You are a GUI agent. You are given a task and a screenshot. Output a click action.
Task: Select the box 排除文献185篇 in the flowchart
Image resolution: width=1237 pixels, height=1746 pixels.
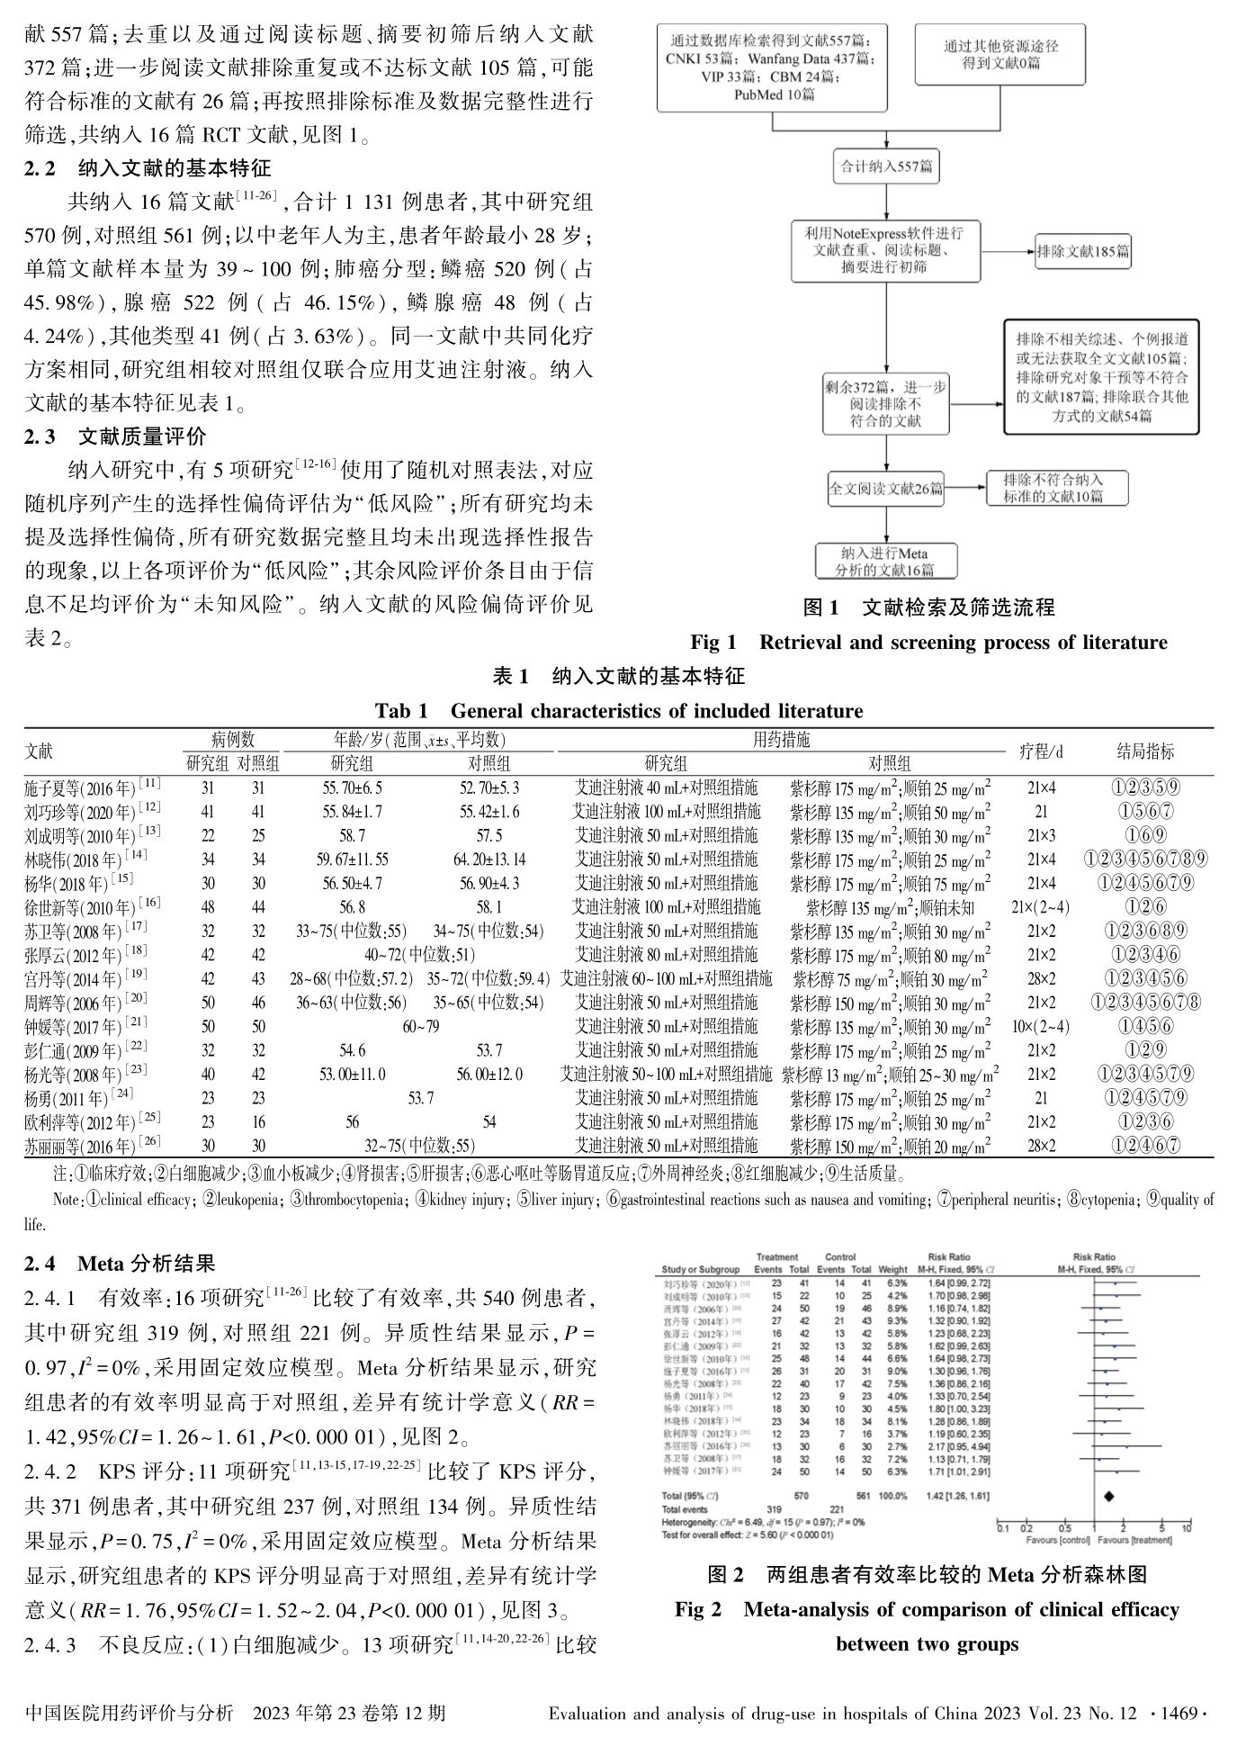click(1081, 251)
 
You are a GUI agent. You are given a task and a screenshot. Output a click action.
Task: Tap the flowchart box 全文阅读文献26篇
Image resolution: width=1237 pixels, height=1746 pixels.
click(886, 489)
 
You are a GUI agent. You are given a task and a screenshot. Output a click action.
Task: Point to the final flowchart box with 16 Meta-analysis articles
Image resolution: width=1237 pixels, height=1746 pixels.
click(886, 561)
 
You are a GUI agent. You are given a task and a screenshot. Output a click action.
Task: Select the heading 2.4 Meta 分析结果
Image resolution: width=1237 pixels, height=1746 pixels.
click(120, 1264)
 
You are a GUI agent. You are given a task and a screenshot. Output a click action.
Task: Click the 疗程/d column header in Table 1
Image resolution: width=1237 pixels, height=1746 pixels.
click(1041, 751)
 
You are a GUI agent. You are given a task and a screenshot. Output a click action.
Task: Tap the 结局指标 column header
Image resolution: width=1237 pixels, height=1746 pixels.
click(1144, 751)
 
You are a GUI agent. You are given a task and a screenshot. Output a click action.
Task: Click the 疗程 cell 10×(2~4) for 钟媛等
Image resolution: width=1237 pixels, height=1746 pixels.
click(1041, 1026)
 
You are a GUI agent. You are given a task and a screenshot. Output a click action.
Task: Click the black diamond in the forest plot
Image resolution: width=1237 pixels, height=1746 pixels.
click(1108, 1495)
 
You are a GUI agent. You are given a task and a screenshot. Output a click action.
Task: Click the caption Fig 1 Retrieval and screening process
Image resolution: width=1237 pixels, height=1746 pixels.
click(928, 642)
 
